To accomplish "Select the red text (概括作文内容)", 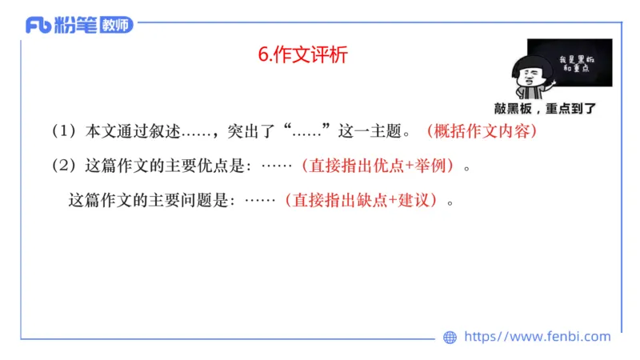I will (480, 131).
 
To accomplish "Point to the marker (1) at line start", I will (62, 131).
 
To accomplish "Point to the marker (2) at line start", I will (62, 166).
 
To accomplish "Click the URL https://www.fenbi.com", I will (537, 337).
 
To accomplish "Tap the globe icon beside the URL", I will (450, 338).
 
